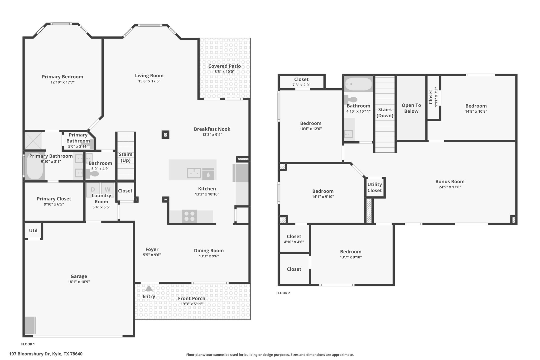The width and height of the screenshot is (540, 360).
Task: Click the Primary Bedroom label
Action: tap(62, 77)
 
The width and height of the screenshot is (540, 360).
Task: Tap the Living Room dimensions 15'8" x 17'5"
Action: tap(149, 81)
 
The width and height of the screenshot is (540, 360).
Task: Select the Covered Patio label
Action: tap(225, 66)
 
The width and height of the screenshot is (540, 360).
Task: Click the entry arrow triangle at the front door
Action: tap(149, 288)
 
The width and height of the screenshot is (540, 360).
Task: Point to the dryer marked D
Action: tap(93, 189)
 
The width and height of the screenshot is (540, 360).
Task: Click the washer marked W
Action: tap(108, 189)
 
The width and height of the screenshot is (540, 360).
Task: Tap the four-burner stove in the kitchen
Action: tap(189, 216)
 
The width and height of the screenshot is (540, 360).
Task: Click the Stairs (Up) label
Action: tap(126, 157)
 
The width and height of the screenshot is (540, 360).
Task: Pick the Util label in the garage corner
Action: tap(33, 231)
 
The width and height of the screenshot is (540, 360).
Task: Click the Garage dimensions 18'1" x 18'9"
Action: tap(79, 282)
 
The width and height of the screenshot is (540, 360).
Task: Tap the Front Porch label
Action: tap(192, 299)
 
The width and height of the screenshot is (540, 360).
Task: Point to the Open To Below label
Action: tap(411, 108)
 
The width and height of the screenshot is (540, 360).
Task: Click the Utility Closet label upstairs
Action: tap(375, 188)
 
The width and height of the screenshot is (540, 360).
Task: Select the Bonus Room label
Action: tap(450, 181)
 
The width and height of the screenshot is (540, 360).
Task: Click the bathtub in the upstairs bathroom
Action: tap(359, 84)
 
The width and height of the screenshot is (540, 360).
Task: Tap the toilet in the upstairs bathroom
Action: tap(351, 100)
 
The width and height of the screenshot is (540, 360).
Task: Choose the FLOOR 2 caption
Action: tap(283, 293)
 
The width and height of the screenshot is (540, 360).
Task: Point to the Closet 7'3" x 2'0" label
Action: tap(301, 82)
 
